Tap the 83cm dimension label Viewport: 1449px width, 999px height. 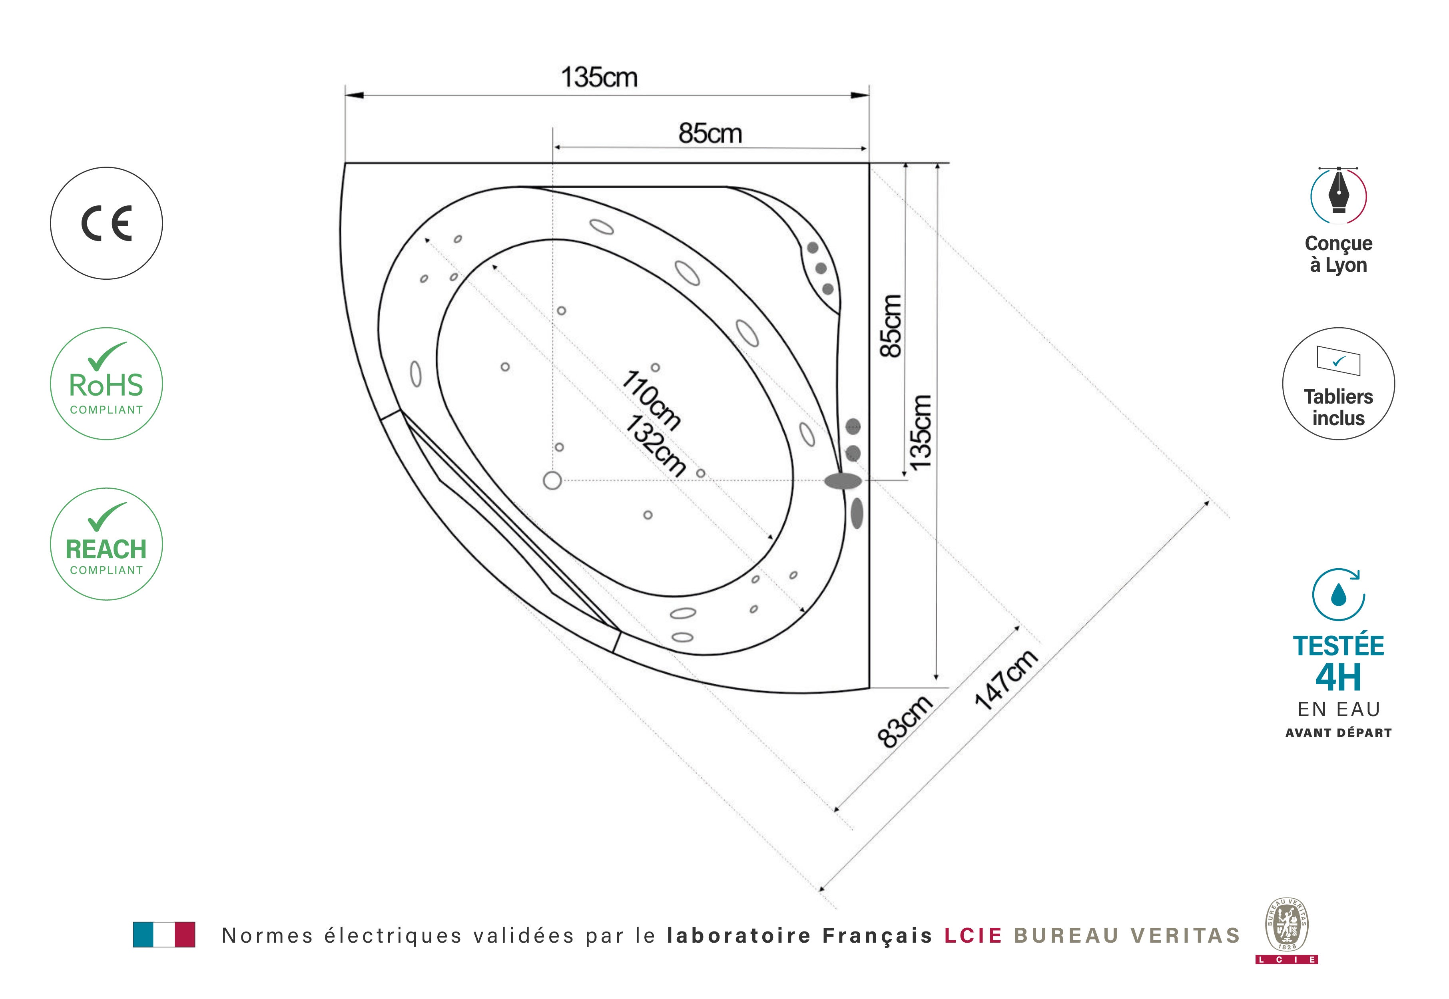905,722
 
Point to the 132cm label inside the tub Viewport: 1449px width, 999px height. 655,445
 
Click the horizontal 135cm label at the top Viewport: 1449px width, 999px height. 599,78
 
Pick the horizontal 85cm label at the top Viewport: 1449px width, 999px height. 710,133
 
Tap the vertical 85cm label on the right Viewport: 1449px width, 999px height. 891,326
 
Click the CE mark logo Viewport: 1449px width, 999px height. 106,223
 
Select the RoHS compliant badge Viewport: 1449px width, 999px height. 106,384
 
